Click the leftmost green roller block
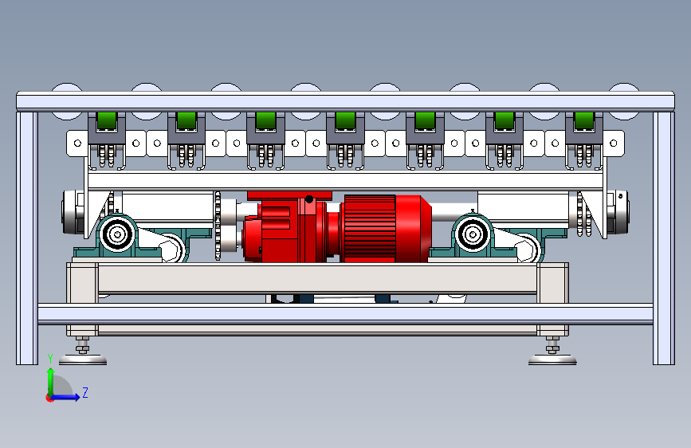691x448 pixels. tap(107, 120)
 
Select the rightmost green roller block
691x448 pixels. tap(584, 120)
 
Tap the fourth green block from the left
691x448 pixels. tap(346, 120)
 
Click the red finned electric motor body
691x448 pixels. tap(386, 229)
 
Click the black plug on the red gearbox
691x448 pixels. tap(309, 199)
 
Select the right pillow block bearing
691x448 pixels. tap(473, 234)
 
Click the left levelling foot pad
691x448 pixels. tap(83, 360)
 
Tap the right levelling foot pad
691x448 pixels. tap(552, 360)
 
